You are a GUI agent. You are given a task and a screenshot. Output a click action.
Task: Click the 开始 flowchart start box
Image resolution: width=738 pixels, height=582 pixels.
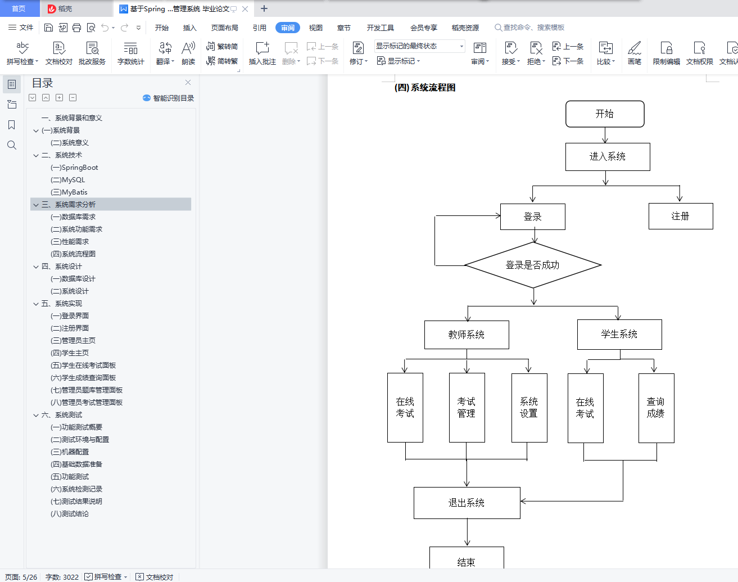pos(605,114)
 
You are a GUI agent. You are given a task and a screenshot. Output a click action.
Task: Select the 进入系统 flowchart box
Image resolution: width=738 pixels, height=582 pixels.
pos(607,157)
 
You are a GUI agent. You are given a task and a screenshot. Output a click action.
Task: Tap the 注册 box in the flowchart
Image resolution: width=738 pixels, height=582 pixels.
pos(680,216)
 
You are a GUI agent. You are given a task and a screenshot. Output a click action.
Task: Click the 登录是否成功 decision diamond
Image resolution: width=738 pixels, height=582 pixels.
pos(533,265)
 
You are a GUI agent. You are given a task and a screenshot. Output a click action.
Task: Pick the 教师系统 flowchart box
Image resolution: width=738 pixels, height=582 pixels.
pos(467,335)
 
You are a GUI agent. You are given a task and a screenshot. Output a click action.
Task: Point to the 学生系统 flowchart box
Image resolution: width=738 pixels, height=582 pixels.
pos(619,335)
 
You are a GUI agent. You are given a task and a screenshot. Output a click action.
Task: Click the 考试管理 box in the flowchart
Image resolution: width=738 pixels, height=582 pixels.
pos(467,408)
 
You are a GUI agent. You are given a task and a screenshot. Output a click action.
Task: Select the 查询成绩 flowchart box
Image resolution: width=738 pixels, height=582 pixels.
pos(656,408)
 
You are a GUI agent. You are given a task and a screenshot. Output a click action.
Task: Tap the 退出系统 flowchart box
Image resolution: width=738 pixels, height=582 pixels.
pos(467,503)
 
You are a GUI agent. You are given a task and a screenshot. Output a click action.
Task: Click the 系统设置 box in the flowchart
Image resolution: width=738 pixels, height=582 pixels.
pos(529,408)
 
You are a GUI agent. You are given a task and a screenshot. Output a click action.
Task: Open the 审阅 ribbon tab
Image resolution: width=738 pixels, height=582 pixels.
pos(288,28)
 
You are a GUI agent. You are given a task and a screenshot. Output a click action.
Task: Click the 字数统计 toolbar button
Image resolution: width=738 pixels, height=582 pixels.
pos(130,53)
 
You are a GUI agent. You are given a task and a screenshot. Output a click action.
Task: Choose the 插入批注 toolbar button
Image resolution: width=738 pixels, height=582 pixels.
pos(262,53)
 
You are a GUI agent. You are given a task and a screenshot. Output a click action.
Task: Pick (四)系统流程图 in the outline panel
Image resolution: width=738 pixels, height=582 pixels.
pos(73,254)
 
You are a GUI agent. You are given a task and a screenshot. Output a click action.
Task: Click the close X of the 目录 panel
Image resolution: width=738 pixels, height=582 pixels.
pos(188,83)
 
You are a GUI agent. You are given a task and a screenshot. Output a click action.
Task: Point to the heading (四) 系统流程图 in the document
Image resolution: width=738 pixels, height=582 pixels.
pos(425,88)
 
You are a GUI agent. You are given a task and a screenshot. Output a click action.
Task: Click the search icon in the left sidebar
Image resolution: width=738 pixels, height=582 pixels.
pos(12,145)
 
